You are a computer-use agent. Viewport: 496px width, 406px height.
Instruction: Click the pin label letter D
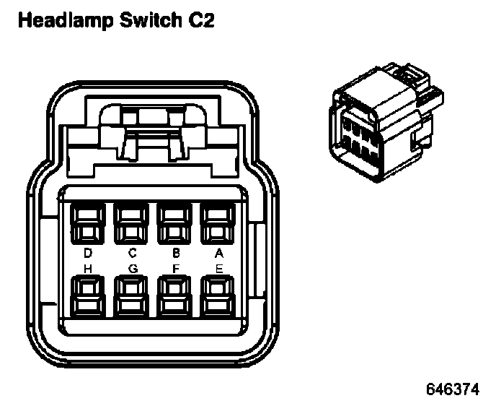[88, 253]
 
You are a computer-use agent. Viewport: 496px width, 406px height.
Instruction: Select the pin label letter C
[131, 253]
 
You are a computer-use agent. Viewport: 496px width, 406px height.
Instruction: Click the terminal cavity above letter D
[88, 222]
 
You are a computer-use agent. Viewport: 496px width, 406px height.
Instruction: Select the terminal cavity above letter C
[131, 222]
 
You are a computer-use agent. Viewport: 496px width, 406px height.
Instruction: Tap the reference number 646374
[452, 389]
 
